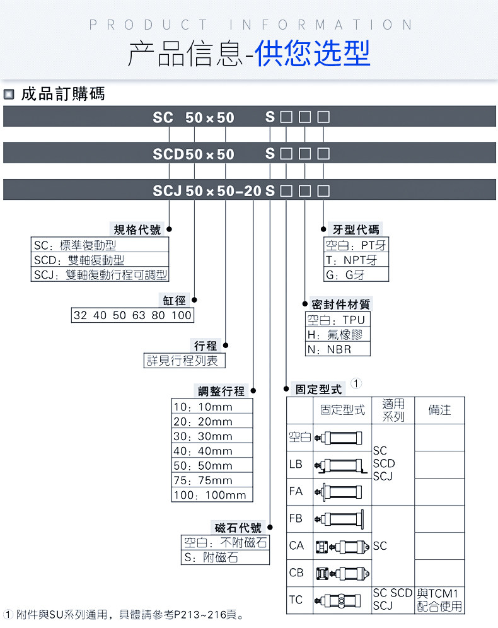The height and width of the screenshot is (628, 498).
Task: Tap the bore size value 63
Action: tap(139, 315)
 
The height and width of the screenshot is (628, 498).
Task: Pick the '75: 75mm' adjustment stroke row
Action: tap(202, 480)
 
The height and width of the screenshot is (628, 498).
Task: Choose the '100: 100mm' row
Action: tap(209, 495)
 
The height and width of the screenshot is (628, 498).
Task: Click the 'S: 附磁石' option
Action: tap(211, 558)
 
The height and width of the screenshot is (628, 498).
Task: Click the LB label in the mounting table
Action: tap(296, 464)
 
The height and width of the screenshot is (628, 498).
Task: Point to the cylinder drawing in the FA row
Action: tap(341, 491)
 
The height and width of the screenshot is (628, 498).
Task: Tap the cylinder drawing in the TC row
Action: tap(341, 601)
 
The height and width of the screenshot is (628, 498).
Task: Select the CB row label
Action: tap(296, 573)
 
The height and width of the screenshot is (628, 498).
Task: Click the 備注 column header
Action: tap(439, 410)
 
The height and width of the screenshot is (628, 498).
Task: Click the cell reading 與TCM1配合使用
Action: tap(439, 600)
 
